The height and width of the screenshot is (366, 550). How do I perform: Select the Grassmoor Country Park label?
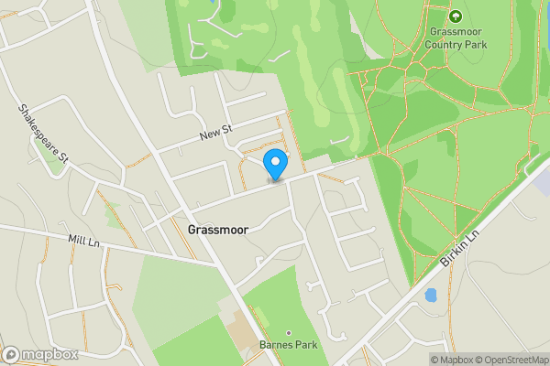[456, 37]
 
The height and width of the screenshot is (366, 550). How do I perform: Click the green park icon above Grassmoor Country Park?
[456, 15]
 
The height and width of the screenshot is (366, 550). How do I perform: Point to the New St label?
[216, 135]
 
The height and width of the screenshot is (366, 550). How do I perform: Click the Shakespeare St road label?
[43, 134]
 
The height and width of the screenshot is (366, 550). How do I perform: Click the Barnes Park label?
[288, 345]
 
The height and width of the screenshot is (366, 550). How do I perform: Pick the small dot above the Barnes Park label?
[288, 332]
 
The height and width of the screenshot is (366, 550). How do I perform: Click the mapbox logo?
[40, 355]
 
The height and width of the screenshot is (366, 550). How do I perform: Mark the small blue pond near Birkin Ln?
[430, 296]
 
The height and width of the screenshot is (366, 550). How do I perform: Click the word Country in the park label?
[456, 43]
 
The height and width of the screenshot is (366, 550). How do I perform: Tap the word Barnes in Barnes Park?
[276, 345]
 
